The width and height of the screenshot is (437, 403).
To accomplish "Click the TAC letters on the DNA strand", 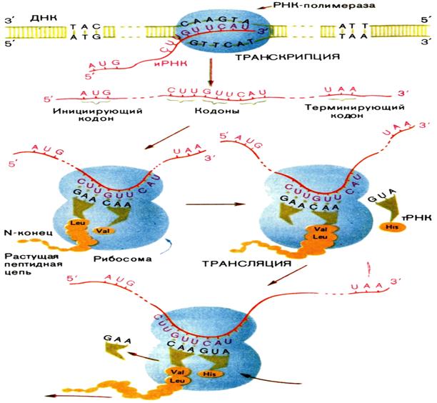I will click(x=81, y=26).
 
